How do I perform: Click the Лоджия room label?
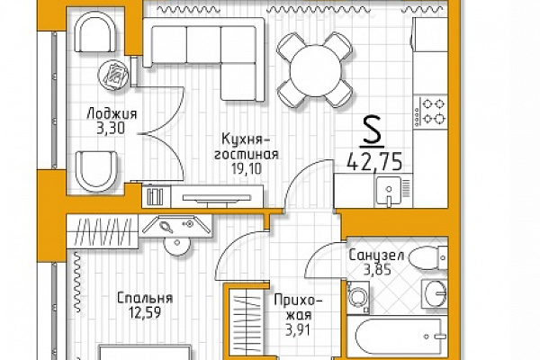(112, 113)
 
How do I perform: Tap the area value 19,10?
(247, 169)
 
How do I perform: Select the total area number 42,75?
(374, 162)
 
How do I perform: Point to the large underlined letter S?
(372, 130)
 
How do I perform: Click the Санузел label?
(376, 256)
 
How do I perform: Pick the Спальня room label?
(145, 298)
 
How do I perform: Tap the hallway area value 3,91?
(298, 330)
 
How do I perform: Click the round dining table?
(315, 70)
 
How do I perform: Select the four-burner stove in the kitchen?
(431, 112)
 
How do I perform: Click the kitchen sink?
(389, 191)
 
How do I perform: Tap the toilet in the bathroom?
(428, 257)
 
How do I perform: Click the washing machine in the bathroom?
(358, 297)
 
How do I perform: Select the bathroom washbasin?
(436, 293)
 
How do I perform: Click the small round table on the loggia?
(113, 75)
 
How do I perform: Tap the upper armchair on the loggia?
(95, 32)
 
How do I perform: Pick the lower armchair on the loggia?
(96, 171)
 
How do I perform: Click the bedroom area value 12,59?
(145, 313)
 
